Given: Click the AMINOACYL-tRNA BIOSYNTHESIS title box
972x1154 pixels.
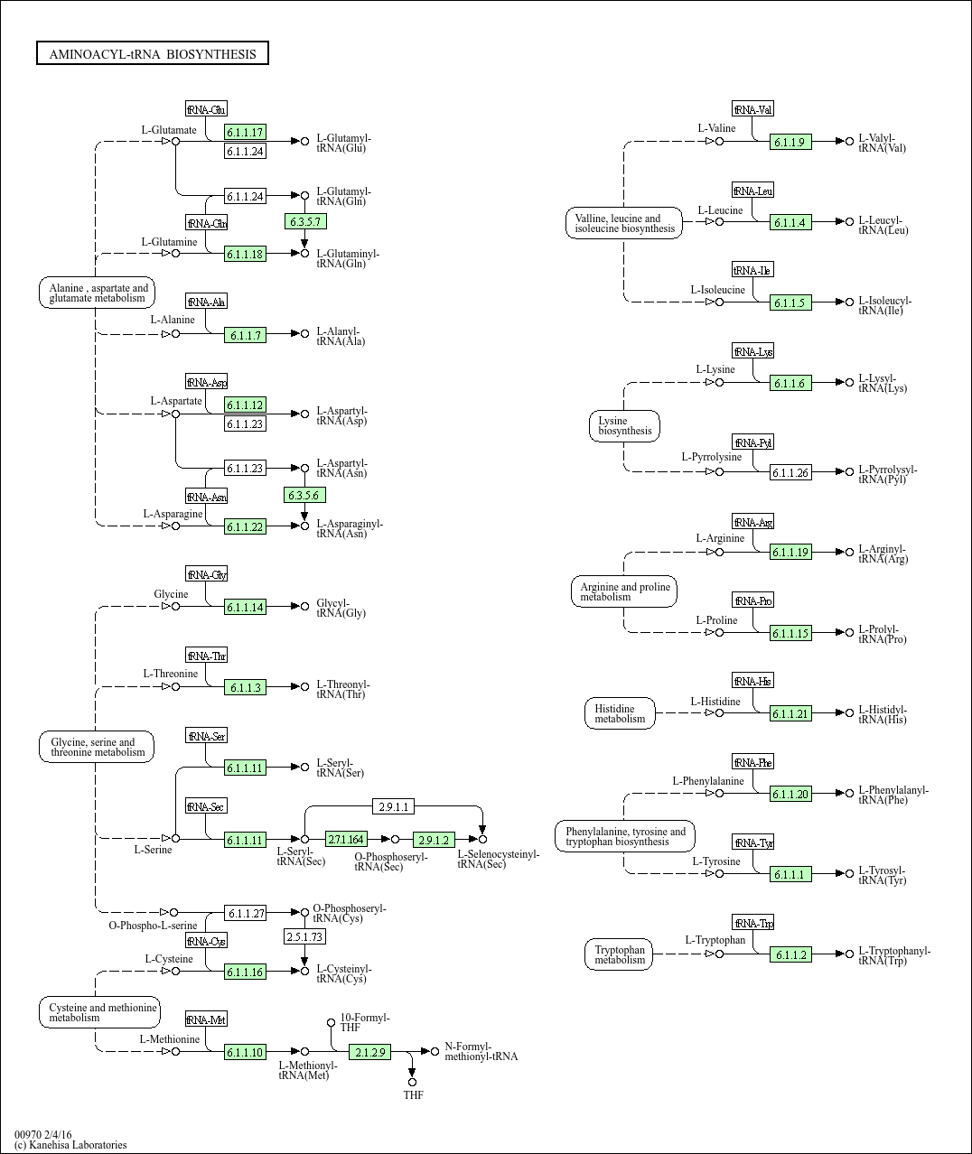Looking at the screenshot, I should pos(153,54).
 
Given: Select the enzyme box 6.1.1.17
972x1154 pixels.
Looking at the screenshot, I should pos(245,133).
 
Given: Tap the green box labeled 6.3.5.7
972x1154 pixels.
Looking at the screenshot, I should pos(304,221).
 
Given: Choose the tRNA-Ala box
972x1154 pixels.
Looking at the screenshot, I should pos(206,302).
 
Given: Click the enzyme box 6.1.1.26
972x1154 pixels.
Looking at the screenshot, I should pos(790,472).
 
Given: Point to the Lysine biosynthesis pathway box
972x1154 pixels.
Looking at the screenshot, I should pos(624,426).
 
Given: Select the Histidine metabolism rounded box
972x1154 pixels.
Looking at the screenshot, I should pos(620,713).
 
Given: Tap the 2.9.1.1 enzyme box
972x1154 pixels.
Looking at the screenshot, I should pos(394,806).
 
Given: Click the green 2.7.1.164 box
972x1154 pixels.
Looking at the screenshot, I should pos(346,840).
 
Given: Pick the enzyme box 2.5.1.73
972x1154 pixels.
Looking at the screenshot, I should pos(304,937).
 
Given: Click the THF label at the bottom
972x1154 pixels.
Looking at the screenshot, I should pos(413,1095).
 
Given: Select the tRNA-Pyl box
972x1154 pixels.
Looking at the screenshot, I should pos(753,442).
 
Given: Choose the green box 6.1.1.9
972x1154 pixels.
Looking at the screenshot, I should pos(790,142).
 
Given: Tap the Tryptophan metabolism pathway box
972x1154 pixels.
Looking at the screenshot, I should pos(620,954).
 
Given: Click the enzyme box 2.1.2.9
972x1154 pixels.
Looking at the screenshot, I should pos(370,1052).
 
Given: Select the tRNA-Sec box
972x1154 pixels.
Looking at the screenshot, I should pos(206,806).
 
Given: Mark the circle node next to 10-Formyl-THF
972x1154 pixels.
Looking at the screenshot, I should pos(331,1023).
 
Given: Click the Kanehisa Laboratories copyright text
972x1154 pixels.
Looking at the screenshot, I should pos(70,1145).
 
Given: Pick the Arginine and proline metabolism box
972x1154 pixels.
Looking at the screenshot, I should pos(624,592).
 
